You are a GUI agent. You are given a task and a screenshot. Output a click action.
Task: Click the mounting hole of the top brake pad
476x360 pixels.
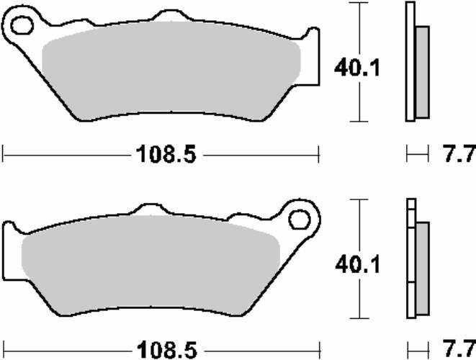(22, 25)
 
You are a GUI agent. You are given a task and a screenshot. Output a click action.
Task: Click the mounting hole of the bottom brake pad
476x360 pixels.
(299, 220)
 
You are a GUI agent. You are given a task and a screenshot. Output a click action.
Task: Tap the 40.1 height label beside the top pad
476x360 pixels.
(356, 68)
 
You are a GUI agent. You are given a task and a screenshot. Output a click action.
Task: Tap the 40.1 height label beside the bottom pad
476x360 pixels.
(357, 264)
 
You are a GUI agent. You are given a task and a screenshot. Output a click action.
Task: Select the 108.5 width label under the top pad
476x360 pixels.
(166, 154)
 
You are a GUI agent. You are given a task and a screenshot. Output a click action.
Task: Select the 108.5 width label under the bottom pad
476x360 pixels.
(167, 350)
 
